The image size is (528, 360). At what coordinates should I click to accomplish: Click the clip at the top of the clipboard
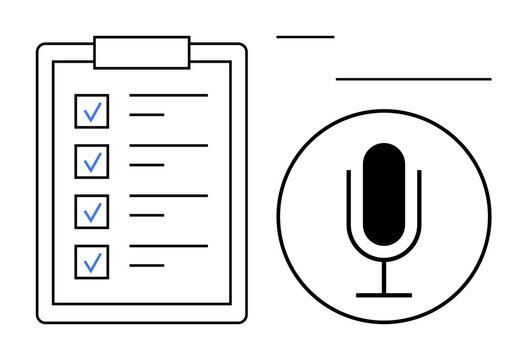pyautogui.click(x=141, y=52)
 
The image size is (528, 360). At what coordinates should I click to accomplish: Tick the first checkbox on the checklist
pyautogui.click(x=92, y=111)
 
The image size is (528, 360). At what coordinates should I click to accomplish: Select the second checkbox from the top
pyautogui.click(x=92, y=160)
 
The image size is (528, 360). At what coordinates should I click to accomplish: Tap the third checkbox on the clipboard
pyautogui.click(x=92, y=211)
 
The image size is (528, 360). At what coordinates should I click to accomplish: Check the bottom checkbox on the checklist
pyautogui.click(x=92, y=261)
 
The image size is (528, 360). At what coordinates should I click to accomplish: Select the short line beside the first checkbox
pyautogui.click(x=147, y=115)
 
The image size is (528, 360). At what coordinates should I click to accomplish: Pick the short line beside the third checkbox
pyautogui.click(x=147, y=215)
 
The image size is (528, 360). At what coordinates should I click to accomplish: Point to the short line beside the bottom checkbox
pyautogui.click(x=147, y=265)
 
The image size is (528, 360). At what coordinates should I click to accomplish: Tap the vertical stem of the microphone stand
pyautogui.click(x=384, y=278)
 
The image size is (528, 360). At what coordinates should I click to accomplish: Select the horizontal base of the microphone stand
pyautogui.click(x=384, y=294)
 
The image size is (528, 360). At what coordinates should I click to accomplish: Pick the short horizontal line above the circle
pyautogui.click(x=305, y=37)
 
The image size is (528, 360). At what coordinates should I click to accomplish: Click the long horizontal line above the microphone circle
pyautogui.click(x=413, y=78)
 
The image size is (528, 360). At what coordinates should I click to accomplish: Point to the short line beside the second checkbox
pyautogui.click(x=147, y=165)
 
